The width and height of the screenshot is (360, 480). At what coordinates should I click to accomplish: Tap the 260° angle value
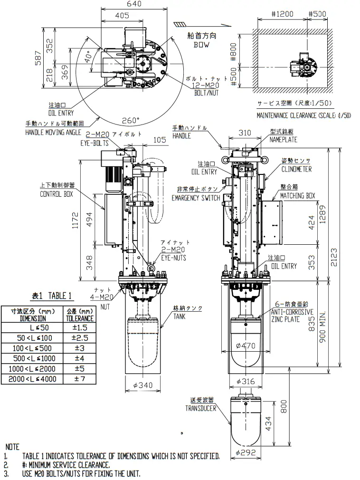(132, 120)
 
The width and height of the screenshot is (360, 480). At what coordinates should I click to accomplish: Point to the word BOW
(202, 45)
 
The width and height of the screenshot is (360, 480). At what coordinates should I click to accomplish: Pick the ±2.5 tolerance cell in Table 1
(79, 337)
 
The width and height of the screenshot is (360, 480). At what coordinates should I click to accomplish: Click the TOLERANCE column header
(79, 318)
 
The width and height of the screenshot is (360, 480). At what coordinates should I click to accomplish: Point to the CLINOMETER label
(296, 169)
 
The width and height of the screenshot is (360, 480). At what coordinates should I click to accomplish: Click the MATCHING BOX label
(297, 195)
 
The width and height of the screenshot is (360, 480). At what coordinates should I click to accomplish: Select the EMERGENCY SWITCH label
(196, 198)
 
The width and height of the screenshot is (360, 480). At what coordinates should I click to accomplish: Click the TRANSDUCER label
(200, 408)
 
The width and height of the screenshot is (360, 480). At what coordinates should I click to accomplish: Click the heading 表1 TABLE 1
(52, 296)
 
